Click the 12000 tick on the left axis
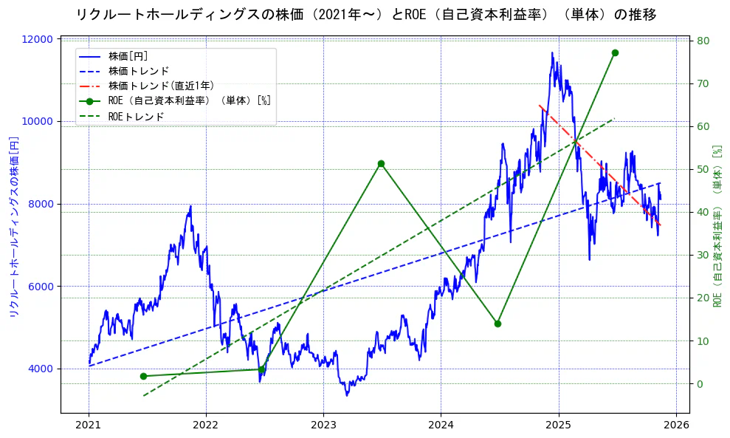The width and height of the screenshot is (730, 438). pyautogui.click(x=41, y=39)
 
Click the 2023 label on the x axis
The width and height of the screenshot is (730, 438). pyautogui.click(x=323, y=425)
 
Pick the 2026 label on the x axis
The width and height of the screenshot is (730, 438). pyautogui.click(x=675, y=425)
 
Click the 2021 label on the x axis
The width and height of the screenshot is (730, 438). pyautogui.click(x=89, y=425)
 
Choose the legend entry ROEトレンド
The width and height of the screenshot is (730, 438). pyautogui.click(x=136, y=117)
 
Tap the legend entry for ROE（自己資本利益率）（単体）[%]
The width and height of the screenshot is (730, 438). pyautogui.click(x=189, y=101)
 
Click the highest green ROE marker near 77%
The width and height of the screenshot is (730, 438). pyautogui.click(x=615, y=52)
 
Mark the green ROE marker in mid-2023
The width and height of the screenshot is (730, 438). pyautogui.click(x=381, y=163)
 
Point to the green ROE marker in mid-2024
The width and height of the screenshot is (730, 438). pyautogui.click(x=497, y=324)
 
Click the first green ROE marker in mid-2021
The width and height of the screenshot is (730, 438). pyautogui.click(x=143, y=376)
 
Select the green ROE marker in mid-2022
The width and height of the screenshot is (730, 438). pyautogui.click(x=261, y=369)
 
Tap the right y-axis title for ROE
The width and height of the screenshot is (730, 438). pyautogui.click(x=717, y=225)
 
